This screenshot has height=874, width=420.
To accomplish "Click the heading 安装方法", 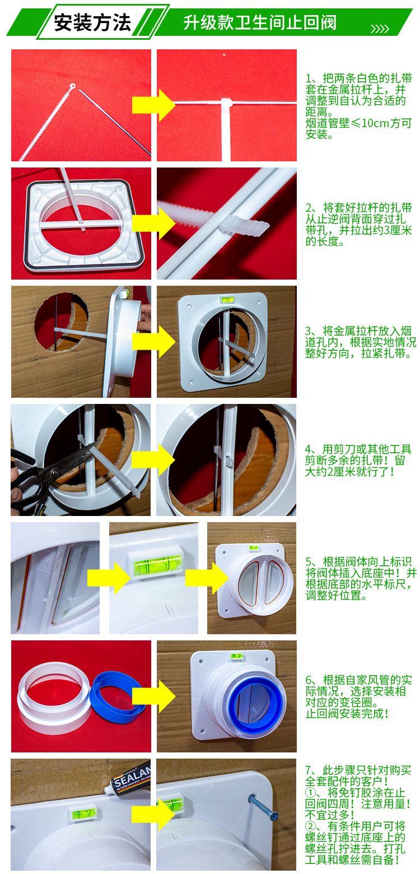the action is coord(92,22).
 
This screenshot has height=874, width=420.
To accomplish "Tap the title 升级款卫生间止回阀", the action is coord(260,22).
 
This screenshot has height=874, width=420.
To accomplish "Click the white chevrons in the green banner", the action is coord(380,29).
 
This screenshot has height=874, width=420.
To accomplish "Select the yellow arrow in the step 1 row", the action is coord(153,105).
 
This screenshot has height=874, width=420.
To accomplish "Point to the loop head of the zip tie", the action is coord(73,86).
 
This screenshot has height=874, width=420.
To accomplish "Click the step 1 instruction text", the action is coord(358,106).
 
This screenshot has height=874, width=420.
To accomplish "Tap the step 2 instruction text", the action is coord(358,224).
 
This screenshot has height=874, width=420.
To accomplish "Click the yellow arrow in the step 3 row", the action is coord(153,341).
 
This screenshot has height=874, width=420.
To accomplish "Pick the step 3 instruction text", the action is coord(360,342).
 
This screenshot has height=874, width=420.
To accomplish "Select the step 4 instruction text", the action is coord(358,460).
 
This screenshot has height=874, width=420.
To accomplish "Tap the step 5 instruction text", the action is coord(361,578).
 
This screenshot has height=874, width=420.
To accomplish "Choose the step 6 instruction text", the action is coord(358,696).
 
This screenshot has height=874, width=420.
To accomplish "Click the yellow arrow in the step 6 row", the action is coord(153,696).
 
